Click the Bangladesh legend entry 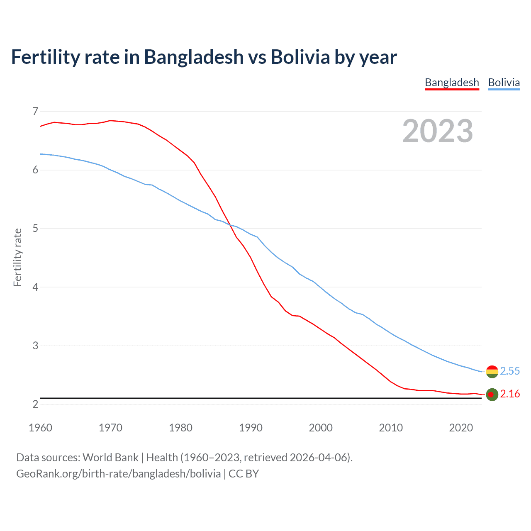coord(452,83)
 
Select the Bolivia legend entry coord(504,83)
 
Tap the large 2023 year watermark coord(437,131)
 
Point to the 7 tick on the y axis coord(35,111)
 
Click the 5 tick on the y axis coord(35,228)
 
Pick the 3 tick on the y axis coord(35,345)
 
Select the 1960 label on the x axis coord(40,428)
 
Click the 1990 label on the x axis coord(251,428)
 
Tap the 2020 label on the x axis coord(461,428)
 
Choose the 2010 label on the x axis coord(391,428)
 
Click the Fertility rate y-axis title coord(17,257)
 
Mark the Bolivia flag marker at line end coord(492,372)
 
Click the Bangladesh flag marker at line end coord(492,395)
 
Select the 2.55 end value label coord(510,371)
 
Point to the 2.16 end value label coord(510,394)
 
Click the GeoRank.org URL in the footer coord(118,474)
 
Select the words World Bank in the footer coord(110,458)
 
